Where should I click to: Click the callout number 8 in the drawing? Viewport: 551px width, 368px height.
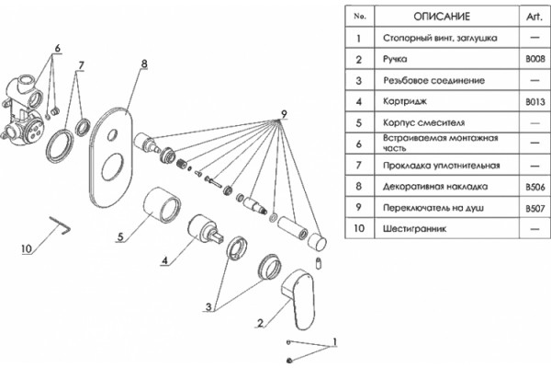(x=144, y=64)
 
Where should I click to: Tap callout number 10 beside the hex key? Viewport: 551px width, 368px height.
(x=27, y=249)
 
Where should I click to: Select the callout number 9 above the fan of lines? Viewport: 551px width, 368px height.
(x=284, y=114)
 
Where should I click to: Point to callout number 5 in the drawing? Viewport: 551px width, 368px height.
(x=120, y=236)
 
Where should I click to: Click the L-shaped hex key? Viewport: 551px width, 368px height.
(x=60, y=224)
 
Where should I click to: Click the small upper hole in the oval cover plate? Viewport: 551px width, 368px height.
(x=112, y=135)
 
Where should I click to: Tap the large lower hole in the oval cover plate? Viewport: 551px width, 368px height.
(x=112, y=167)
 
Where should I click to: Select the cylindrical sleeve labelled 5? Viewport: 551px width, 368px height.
(x=162, y=205)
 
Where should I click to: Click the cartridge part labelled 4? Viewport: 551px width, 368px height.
(x=206, y=229)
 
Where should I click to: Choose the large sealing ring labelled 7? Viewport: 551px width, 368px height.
(x=60, y=146)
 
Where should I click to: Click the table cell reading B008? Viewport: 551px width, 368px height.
(x=535, y=59)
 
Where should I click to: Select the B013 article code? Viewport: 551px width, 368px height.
(x=535, y=102)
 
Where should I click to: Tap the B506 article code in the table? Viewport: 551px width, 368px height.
(x=535, y=187)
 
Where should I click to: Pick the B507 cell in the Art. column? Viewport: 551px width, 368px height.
(x=535, y=209)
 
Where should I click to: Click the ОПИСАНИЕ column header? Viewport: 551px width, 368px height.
(x=442, y=17)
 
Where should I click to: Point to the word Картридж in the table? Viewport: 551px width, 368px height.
(x=405, y=102)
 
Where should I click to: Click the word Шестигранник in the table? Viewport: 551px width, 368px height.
(x=415, y=229)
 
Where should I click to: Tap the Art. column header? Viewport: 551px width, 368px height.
(x=534, y=17)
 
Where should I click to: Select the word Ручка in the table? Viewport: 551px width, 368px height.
(x=395, y=59)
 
